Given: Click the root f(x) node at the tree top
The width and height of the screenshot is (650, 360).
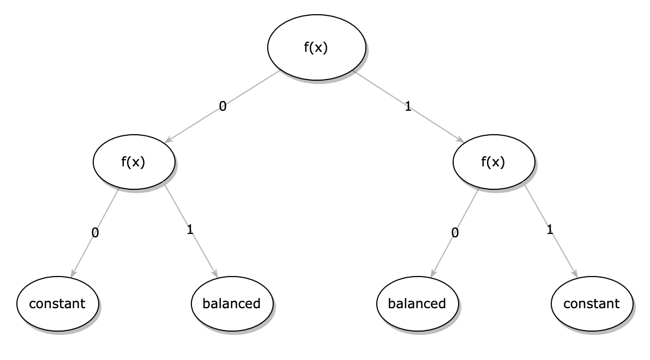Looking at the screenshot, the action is coord(317,47).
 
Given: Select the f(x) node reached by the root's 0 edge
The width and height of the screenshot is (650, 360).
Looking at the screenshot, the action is coord(134,162).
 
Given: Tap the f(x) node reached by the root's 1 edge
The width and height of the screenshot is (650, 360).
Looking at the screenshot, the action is coord(493,162).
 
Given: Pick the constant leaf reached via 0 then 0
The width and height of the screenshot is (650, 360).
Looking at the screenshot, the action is coord(58,304).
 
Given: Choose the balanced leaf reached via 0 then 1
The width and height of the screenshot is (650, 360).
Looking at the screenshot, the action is coord(232,304).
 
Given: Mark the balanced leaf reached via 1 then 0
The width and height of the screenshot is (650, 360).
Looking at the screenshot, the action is coord(418,304).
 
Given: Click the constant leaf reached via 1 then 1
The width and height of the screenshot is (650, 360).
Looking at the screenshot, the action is coord(592,304).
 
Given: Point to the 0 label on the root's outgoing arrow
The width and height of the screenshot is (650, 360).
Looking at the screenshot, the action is coord(222,106).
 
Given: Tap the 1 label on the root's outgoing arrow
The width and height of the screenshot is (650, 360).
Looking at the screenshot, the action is coord(408,106).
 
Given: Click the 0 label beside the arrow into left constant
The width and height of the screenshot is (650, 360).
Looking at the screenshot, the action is coord(95,233).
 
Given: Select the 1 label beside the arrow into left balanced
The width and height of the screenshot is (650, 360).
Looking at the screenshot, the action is coord(190,229).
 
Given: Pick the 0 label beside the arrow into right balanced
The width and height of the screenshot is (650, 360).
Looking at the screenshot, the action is coord(455,233).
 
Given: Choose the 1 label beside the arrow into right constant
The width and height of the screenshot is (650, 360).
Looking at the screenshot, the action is coord(550,229).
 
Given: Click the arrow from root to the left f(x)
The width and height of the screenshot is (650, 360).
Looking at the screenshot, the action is coord(222,107).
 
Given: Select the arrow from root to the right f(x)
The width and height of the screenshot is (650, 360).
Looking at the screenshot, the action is coord(409,107).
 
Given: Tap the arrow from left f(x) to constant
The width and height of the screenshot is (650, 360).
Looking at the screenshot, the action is coord(95,233).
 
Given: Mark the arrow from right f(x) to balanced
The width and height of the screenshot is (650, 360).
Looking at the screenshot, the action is coord(455,233).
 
